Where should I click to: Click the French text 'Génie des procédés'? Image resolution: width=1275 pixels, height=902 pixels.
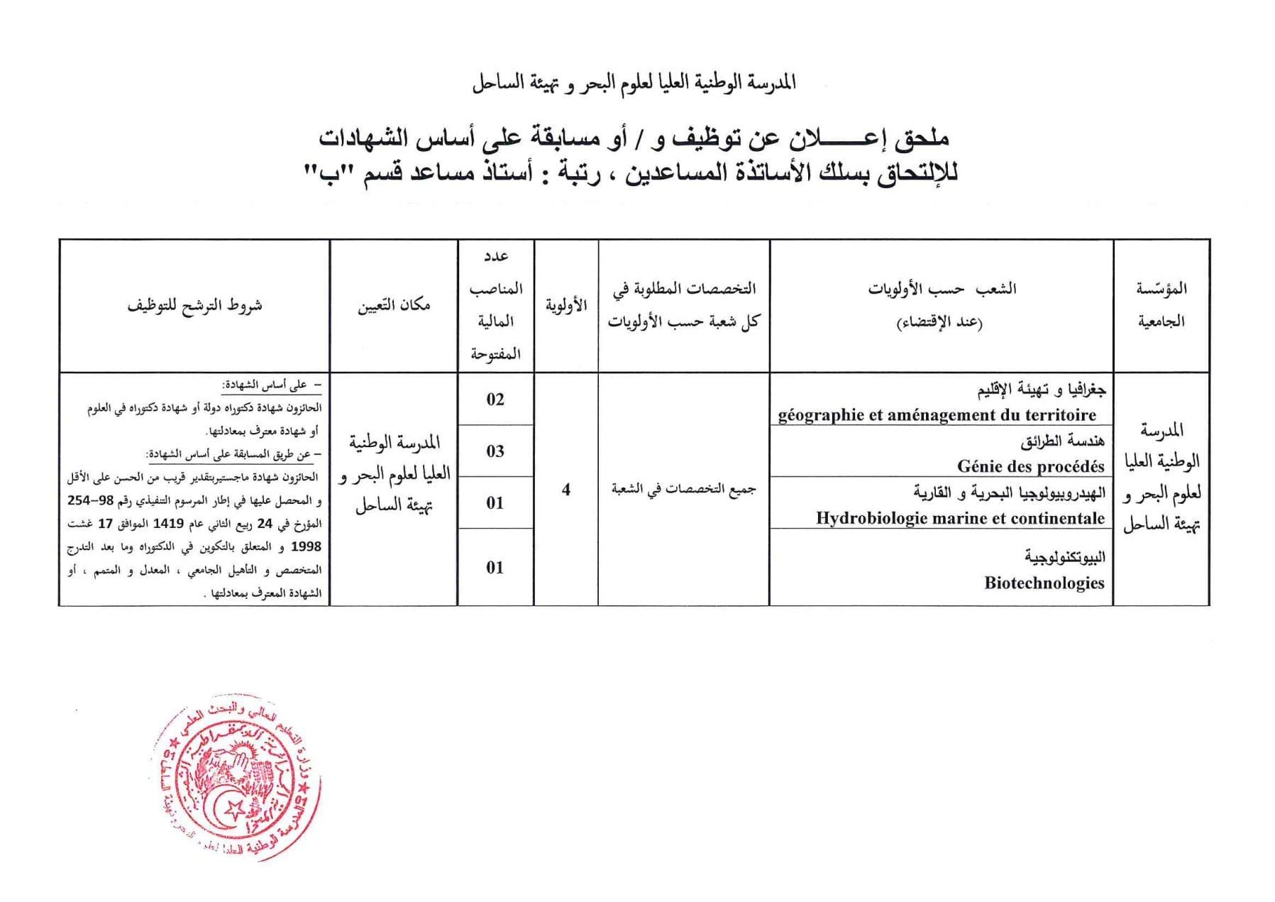[1030, 466]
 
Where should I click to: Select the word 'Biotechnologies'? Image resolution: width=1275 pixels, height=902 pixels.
[1044, 583]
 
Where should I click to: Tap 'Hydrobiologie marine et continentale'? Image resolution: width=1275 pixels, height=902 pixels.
[960, 518]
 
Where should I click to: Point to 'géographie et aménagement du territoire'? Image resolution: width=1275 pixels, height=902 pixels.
[937, 414]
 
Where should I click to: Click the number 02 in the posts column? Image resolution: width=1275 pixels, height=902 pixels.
[495, 400]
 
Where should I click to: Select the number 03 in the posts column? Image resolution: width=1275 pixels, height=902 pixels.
[495, 451]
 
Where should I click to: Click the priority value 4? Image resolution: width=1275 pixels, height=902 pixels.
[565, 490]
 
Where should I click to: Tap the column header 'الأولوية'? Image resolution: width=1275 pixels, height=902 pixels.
[565, 306]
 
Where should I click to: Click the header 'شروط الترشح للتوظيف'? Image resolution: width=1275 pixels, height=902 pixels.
[194, 306]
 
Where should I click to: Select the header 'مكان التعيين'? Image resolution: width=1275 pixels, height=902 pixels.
[394, 306]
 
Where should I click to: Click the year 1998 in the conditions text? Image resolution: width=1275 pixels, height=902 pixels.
[306, 546]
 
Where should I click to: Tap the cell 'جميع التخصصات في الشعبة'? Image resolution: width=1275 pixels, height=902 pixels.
[683, 489]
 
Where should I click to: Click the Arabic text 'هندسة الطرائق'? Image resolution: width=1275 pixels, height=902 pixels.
[1062, 441]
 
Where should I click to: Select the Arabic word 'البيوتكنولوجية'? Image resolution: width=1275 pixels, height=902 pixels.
[1064, 557]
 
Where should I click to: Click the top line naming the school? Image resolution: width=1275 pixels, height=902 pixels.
[634, 83]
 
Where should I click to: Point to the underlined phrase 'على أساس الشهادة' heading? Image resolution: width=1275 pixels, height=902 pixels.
[271, 385]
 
